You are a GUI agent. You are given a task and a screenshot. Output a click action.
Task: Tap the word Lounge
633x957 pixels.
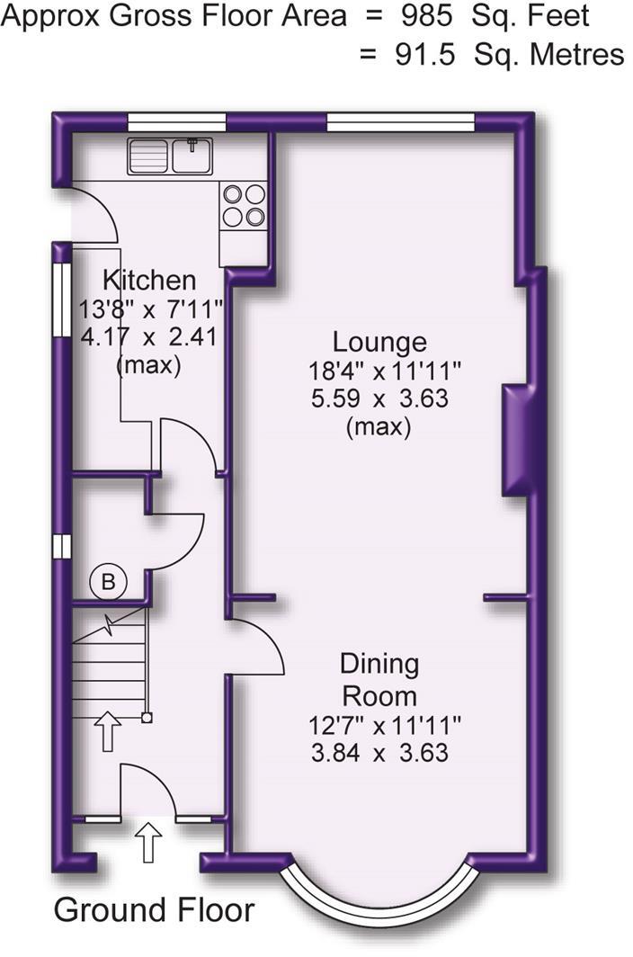(379, 343)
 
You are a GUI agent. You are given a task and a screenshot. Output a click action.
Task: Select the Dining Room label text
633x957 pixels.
(379, 679)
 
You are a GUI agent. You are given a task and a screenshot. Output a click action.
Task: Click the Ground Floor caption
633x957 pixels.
(154, 909)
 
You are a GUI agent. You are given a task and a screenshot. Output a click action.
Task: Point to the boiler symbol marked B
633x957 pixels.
(108, 583)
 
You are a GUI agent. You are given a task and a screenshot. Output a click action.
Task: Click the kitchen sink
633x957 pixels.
(170, 156)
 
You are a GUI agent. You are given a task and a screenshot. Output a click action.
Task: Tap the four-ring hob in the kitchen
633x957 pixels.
(243, 204)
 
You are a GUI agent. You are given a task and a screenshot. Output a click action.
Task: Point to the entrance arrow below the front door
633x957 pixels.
(148, 844)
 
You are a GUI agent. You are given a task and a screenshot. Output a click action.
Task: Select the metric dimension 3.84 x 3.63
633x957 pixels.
(379, 753)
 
